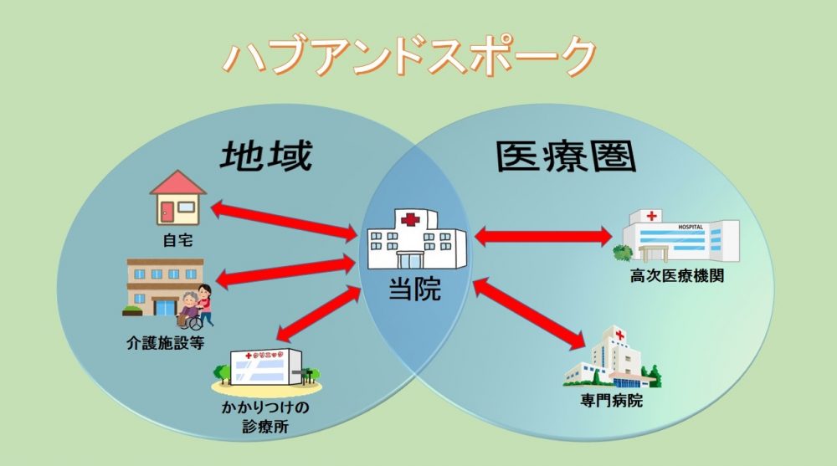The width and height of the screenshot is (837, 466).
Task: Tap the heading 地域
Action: coord(266,156)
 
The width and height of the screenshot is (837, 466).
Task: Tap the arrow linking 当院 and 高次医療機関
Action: coord(542,237)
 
